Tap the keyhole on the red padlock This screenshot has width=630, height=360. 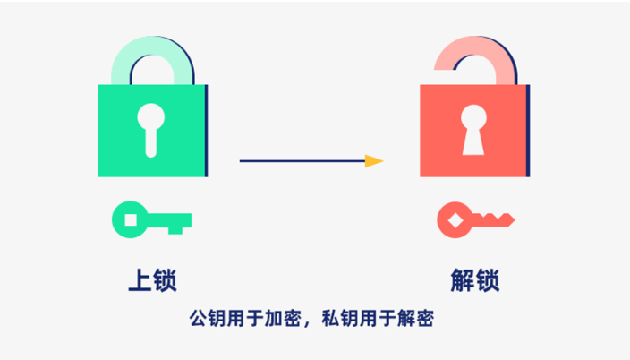pos(471,129)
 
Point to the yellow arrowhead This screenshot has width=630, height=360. pos(374,161)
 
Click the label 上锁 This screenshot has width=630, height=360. pos(152,280)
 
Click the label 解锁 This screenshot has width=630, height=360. pos(474,280)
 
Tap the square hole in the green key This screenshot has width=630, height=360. pos(131,218)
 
